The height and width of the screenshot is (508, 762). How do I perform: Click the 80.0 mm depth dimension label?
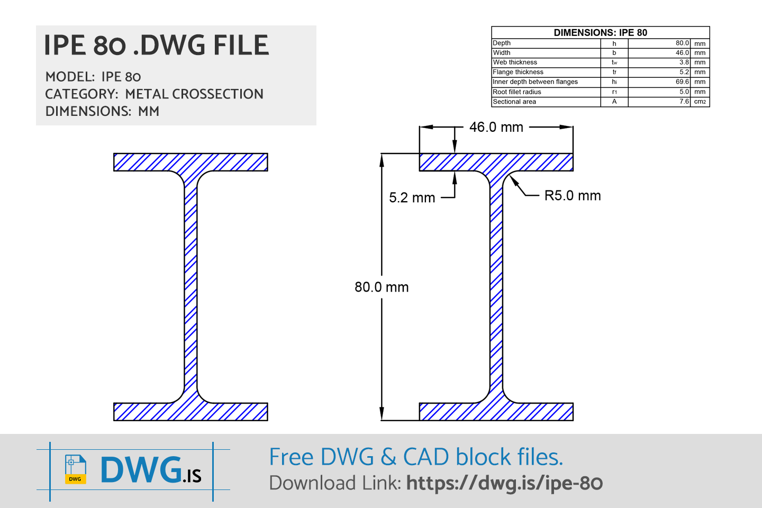pyautogui.click(x=382, y=287)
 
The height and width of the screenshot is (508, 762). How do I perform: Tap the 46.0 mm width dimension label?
pyautogui.click(x=496, y=128)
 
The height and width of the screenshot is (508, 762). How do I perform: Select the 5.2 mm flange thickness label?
pyautogui.click(x=412, y=198)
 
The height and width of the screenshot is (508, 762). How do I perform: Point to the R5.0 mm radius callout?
pyautogui.click(x=573, y=196)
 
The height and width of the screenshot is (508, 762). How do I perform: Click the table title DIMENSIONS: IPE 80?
pyautogui.click(x=600, y=33)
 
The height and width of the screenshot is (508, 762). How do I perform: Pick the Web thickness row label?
pyautogui.click(x=515, y=62)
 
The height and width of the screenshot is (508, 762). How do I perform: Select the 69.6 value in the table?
pyautogui.click(x=682, y=82)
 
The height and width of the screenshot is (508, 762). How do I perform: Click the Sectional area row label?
pyautogui.click(x=514, y=102)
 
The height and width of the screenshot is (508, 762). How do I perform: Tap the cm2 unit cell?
pyautogui.click(x=700, y=102)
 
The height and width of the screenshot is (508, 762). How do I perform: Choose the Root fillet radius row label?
pyautogui.click(x=517, y=92)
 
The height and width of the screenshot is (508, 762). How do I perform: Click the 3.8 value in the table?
pyautogui.click(x=684, y=62)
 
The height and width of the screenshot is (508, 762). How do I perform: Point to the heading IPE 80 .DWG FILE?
pyautogui.click(x=157, y=46)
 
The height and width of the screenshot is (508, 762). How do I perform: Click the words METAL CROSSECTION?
pyautogui.click(x=194, y=94)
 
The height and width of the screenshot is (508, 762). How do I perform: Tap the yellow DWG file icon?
pyautogui.click(x=75, y=469)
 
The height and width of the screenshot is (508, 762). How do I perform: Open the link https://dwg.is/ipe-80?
pyautogui.click(x=504, y=483)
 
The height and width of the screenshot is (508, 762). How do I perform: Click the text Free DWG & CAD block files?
pyautogui.click(x=416, y=457)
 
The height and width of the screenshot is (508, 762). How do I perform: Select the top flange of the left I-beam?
pyautogui.click(x=190, y=162)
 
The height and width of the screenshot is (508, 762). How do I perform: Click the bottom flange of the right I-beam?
pyautogui.click(x=496, y=412)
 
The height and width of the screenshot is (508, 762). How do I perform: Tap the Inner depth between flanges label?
pyautogui.click(x=535, y=82)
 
